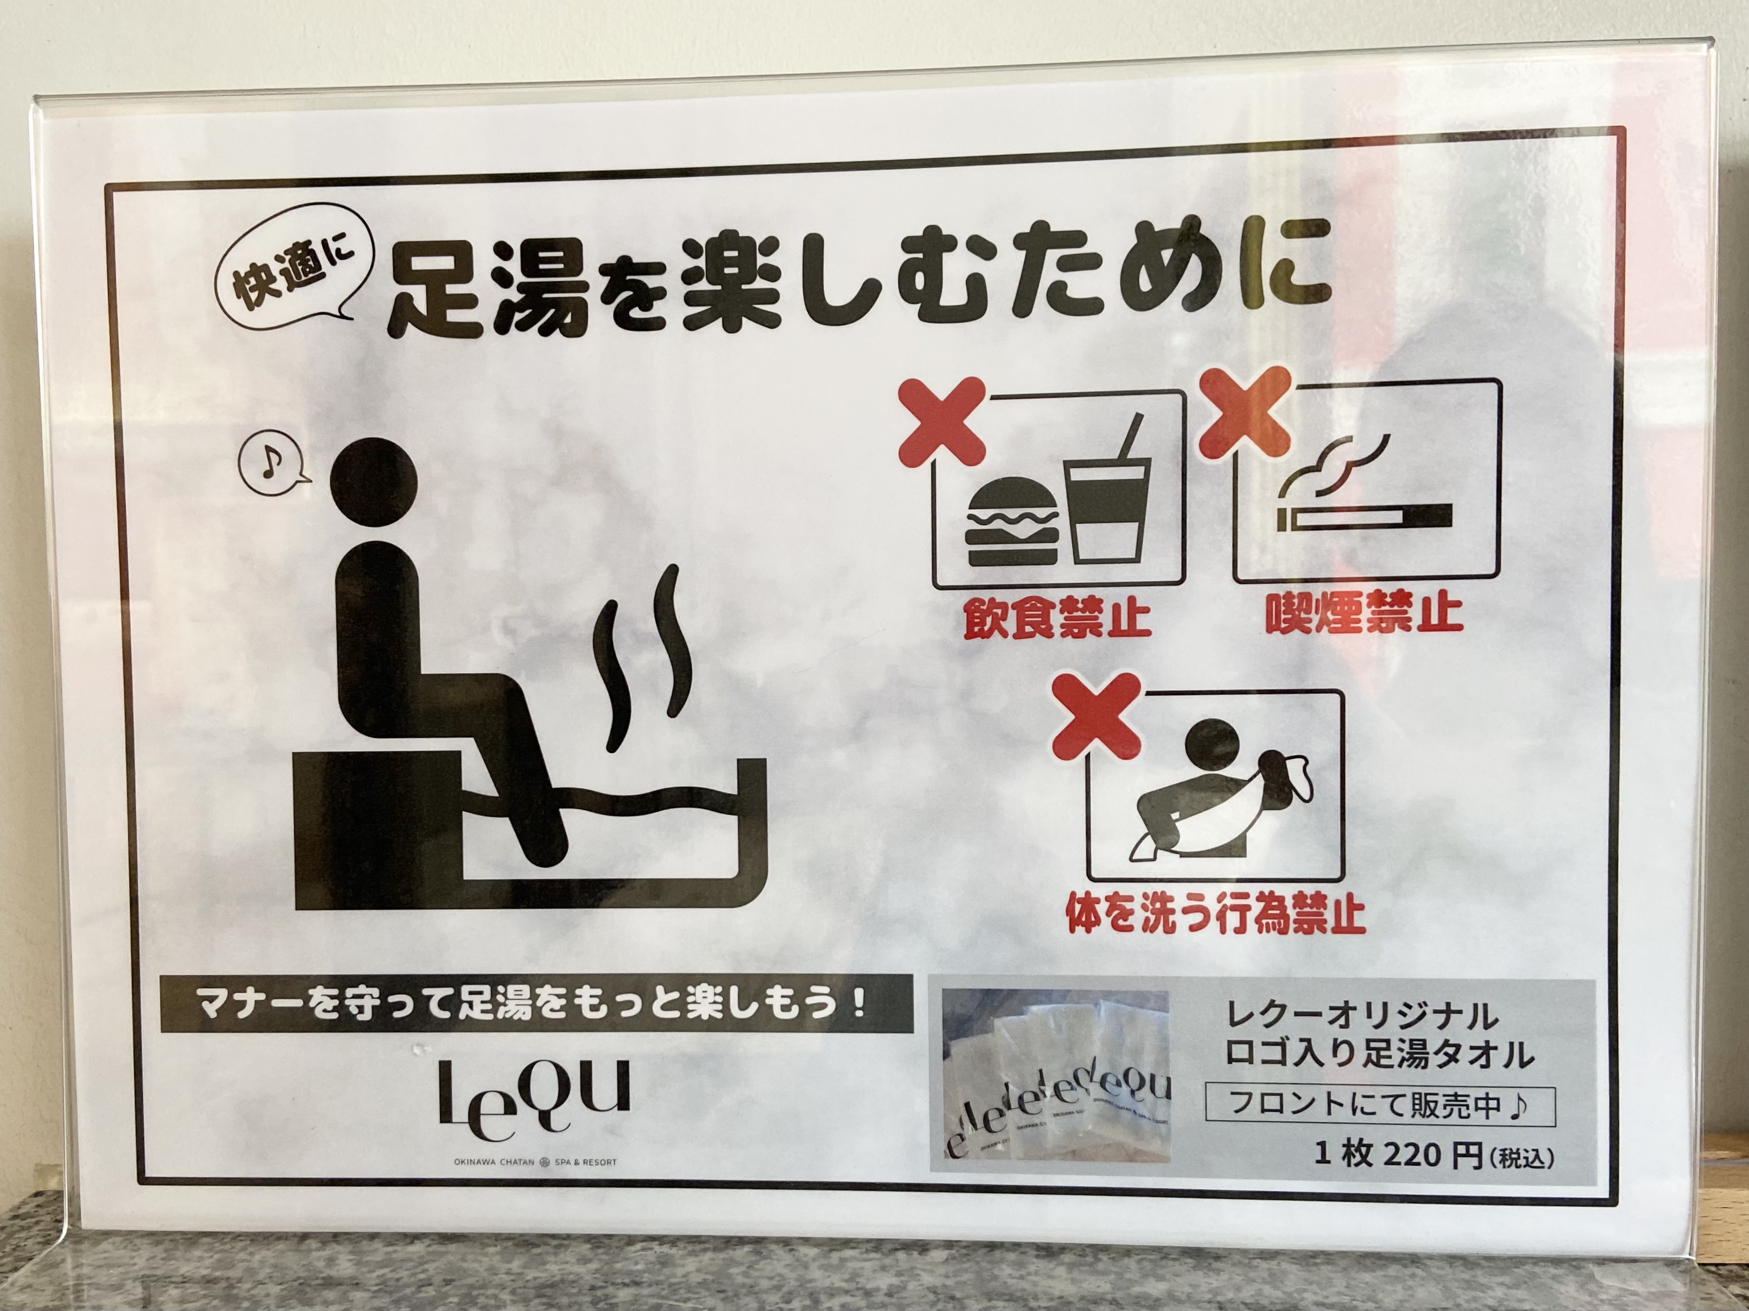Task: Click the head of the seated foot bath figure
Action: tap(373, 481)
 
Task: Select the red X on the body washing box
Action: tap(1097, 716)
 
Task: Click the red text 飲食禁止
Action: tap(1056, 617)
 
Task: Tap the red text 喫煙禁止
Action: tap(1364, 612)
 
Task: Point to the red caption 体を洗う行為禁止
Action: tap(1215, 913)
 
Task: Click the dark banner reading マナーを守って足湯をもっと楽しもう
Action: tap(536, 1003)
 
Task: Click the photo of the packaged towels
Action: tap(1056, 1075)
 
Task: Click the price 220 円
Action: tap(1432, 1155)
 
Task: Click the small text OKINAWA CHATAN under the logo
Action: tap(494, 1162)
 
